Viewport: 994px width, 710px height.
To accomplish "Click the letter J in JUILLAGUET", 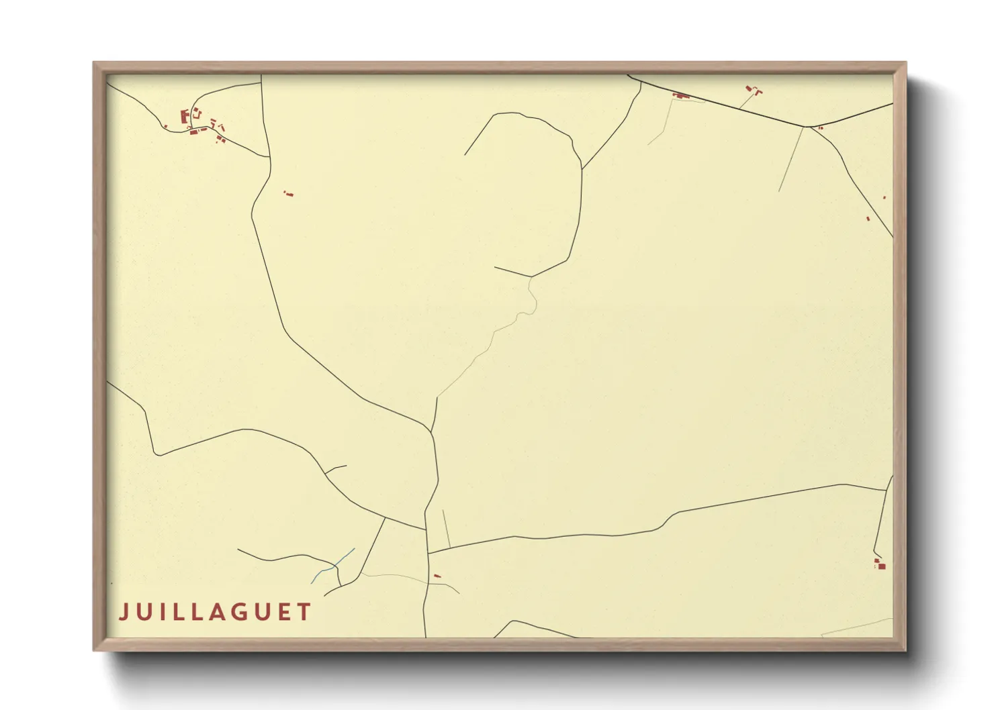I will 124,612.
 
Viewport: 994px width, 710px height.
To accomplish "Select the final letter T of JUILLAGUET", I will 305,612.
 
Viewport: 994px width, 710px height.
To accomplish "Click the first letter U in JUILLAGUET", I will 144,612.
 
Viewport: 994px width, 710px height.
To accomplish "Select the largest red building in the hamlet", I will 184,117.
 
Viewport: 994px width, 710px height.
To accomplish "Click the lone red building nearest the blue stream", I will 437,576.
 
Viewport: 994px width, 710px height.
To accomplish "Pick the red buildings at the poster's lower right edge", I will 880,565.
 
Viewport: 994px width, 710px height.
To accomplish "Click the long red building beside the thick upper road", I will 681,96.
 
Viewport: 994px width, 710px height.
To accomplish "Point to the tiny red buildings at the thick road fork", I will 821,128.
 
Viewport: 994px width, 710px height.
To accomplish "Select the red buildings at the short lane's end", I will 753,89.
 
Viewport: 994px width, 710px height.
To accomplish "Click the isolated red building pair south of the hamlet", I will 289,194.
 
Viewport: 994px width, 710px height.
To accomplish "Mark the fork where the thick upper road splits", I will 807,126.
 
